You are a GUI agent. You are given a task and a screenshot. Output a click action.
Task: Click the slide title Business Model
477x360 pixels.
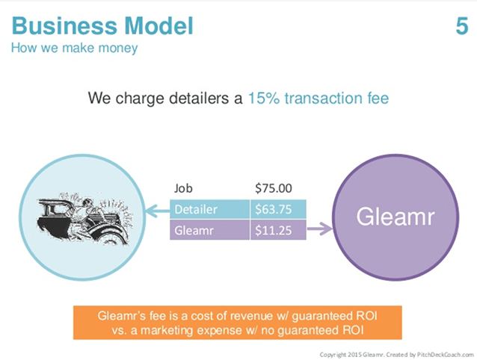click(x=102, y=26)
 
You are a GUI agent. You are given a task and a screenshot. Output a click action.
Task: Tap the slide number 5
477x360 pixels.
click(x=461, y=27)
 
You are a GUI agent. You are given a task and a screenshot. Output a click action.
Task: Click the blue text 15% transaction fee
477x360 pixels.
click(x=318, y=98)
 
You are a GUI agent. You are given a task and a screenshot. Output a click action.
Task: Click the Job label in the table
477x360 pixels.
click(x=183, y=189)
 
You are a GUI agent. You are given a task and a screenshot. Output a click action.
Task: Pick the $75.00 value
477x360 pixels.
click(x=274, y=189)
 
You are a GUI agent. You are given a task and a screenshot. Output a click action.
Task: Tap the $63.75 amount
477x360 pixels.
click(x=273, y=210)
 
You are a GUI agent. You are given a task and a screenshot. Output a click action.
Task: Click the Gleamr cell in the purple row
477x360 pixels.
click(x=195, y=231)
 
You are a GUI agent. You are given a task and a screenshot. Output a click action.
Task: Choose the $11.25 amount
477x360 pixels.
click(x=273, y=231)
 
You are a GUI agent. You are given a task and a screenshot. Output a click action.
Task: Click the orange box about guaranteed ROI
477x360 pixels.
click(x=238, y=322)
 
